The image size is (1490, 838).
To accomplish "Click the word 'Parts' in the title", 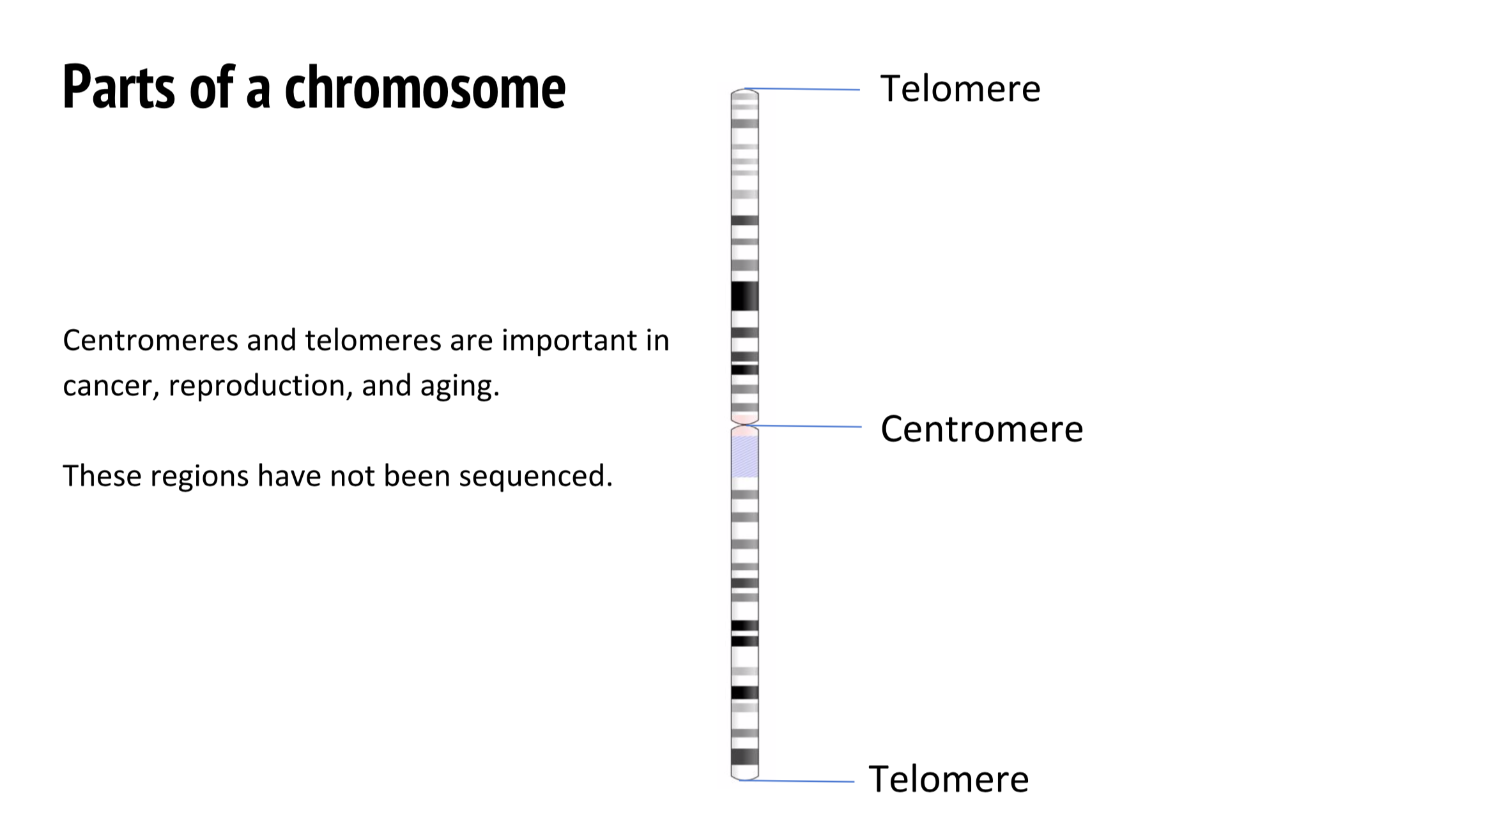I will click(x=118, y=88).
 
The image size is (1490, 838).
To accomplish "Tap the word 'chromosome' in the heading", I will click(x=425, y=88).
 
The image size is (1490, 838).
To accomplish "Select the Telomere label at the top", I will click(x=960, y=89).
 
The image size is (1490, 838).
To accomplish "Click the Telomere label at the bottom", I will click(x=948, y=779).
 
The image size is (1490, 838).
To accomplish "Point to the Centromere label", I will click(x=981, y=429).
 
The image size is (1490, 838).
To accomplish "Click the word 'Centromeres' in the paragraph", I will click(x=150, y=340).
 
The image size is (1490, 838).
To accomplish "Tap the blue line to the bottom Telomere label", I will click(x=799, y=781).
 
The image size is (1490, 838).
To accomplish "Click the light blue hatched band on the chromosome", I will click(x=744, y=457).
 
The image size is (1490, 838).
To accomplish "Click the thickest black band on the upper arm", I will click(x=744, y=296).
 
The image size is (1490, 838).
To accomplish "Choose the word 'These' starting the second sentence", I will click(x=102, y=476).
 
